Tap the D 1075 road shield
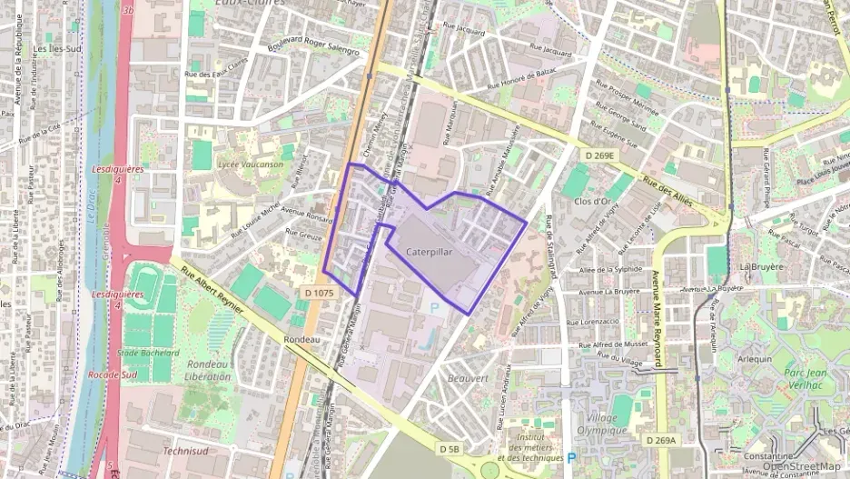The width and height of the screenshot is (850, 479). click(320, 293)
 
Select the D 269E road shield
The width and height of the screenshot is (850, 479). click(599, 155)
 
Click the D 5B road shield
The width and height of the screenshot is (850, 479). click(449, 449)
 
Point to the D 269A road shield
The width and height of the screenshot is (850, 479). click(660, 440)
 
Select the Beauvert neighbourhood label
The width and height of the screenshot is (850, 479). click(469, 377)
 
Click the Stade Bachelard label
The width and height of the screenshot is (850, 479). click(146, 352)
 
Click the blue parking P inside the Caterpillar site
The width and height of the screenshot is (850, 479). click(433, 308)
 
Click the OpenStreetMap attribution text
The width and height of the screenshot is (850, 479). click(801, 467)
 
